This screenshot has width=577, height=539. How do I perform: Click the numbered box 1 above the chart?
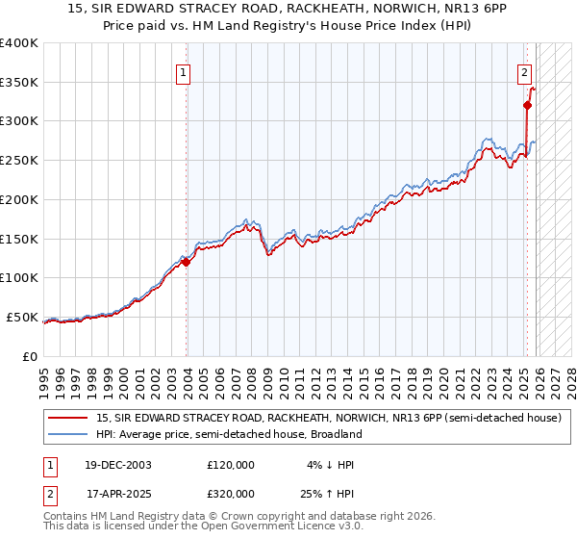coord(183,70)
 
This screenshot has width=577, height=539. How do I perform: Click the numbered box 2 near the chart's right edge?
coord(524,70)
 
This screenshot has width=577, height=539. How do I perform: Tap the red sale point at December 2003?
coord(186,262)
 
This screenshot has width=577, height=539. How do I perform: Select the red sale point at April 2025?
coord(527,105)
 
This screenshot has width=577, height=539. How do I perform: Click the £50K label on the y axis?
coord(21,317)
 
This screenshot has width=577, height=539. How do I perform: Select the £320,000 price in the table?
coord(230,494)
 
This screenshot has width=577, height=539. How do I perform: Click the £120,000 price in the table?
coord(230,465)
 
